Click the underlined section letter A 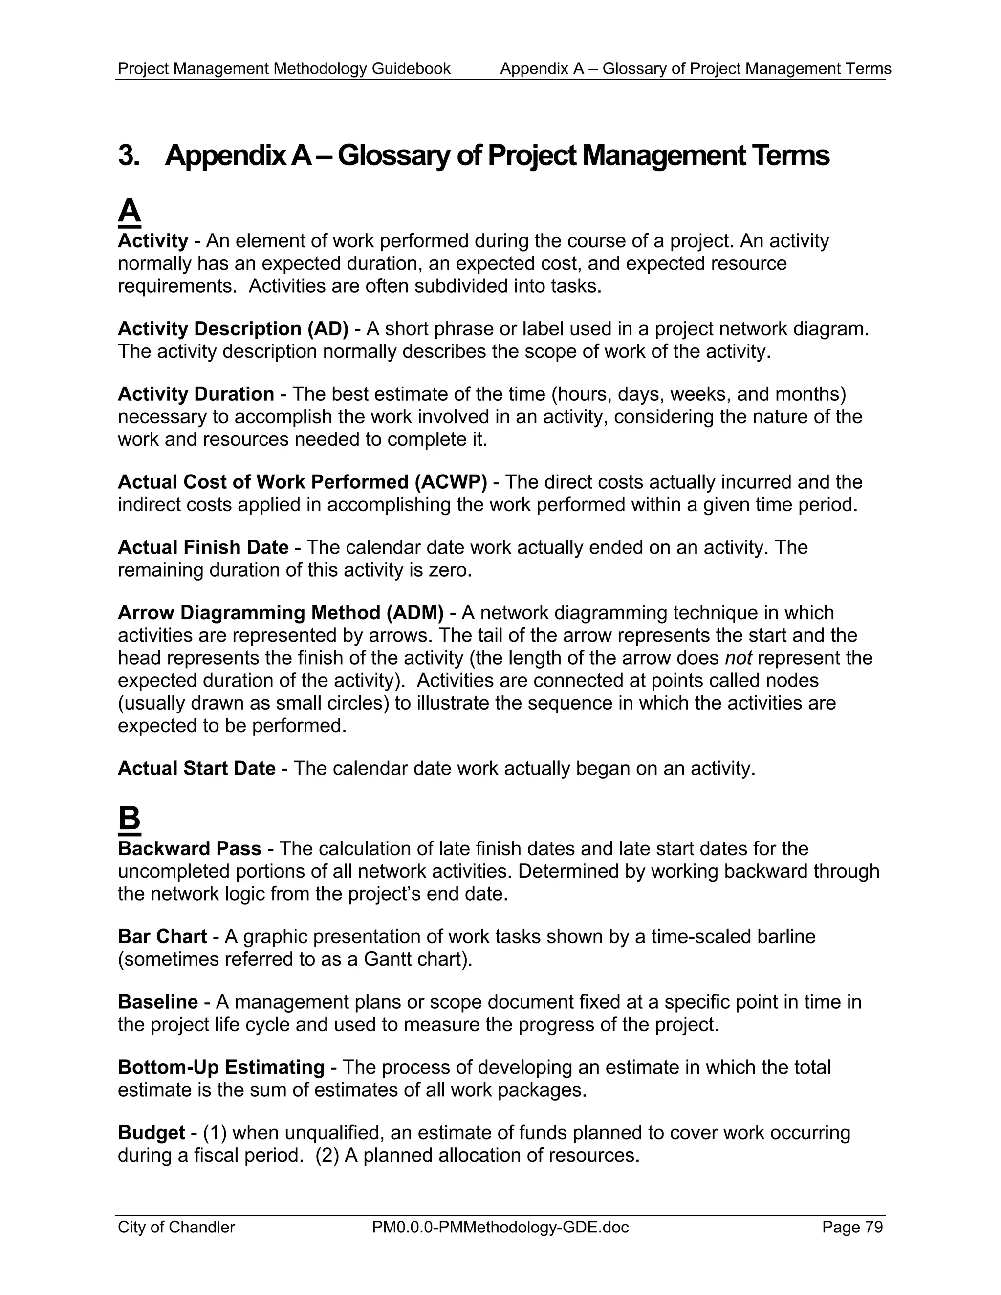129,212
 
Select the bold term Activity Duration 196,394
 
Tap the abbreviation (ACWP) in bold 450,482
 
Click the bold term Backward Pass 189,849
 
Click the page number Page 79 852,1228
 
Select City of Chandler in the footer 176,1228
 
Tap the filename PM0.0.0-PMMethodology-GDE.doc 500,1228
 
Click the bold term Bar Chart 162,937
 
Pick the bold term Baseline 158,1002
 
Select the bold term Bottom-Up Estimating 220,1067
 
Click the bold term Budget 151,1133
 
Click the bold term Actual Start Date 196,769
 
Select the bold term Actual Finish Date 203,547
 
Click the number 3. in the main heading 129,155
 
